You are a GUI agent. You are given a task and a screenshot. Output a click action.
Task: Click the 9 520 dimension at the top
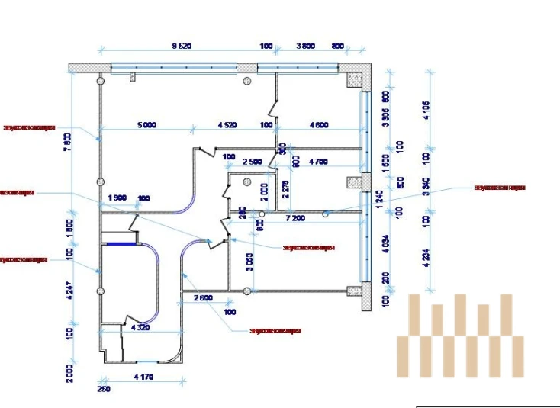pos(182,47)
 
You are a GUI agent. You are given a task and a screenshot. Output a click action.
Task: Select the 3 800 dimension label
pos(305,47)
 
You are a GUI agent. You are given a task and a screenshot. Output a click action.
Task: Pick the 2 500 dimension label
pos(252,162)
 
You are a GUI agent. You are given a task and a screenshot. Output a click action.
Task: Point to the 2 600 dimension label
pos(203,297)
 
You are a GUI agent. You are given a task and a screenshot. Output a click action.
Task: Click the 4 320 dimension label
pos(140,328)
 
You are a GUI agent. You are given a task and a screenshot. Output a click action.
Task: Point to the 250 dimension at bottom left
pos(104,389)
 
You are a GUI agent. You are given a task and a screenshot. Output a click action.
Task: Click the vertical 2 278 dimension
pos(285,188)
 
